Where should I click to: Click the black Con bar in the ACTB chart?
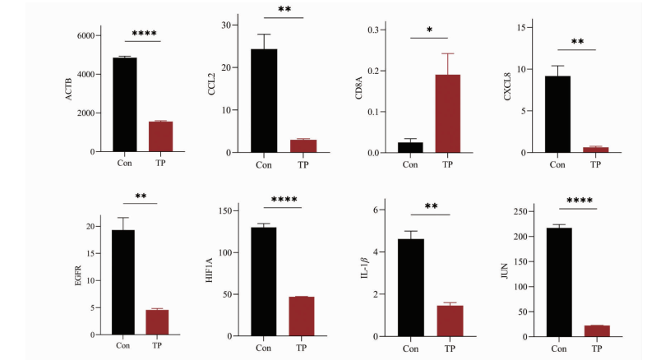124,105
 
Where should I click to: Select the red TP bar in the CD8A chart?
447,113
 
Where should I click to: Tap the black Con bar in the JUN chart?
558,282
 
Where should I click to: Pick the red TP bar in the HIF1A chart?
301,316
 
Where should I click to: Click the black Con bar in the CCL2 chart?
264,100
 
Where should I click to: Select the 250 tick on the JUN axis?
520,211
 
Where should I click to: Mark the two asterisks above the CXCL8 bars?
577,41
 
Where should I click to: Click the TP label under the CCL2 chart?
303,164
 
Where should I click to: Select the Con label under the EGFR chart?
122,345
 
